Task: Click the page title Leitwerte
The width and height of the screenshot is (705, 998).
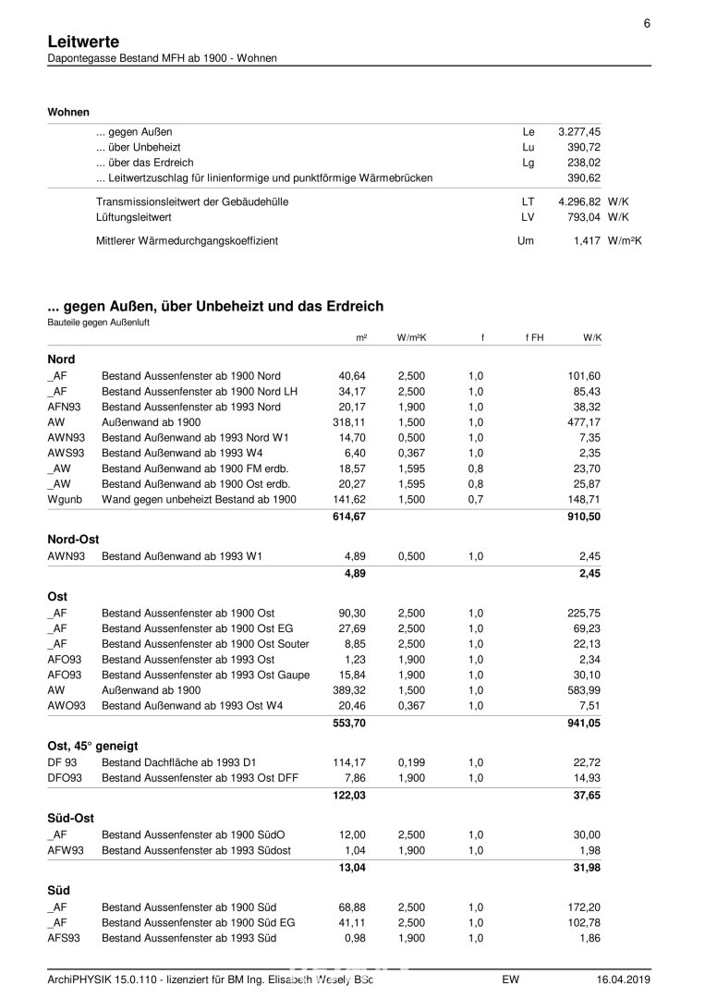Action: [x=82, y=42]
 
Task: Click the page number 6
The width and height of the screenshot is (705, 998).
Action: [x=648, y=23]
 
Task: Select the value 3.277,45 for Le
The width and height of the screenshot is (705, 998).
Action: [x=579, y=132]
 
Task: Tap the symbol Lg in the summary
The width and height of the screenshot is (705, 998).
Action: [x=529, y=163]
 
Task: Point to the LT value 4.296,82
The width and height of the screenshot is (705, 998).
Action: [x=579, y=201]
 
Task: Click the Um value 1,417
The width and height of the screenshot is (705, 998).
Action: [x=588, y=240]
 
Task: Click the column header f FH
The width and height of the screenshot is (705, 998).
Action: [x=534, y=338]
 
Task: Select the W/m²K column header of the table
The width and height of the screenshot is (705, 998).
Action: [x=411, y=338]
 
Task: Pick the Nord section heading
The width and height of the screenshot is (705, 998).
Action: [x=61, y=359]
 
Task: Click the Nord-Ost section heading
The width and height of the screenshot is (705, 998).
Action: [x=73, y=539]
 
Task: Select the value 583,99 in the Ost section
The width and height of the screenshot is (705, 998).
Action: [x=583, y=691]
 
